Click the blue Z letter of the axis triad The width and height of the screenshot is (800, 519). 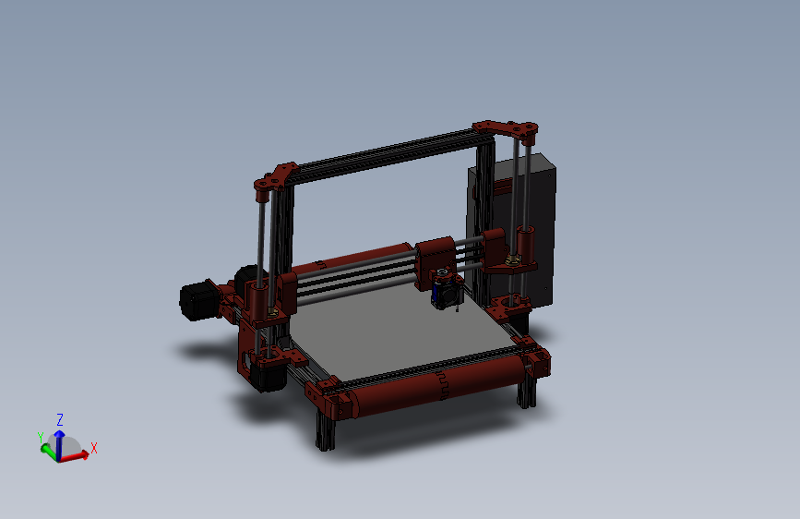point(60,418)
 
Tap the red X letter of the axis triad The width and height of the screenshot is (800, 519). point(94,448)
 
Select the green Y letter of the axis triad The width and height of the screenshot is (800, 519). point(41,437)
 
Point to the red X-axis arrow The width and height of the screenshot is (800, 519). point(78,453)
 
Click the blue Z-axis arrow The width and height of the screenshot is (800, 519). point(59,436)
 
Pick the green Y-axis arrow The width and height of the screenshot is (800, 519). point(47,448)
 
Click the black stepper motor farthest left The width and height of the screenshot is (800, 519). point(196,301)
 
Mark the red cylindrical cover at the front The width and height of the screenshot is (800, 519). point(434,388)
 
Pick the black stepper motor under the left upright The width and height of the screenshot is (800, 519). point(268,374)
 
